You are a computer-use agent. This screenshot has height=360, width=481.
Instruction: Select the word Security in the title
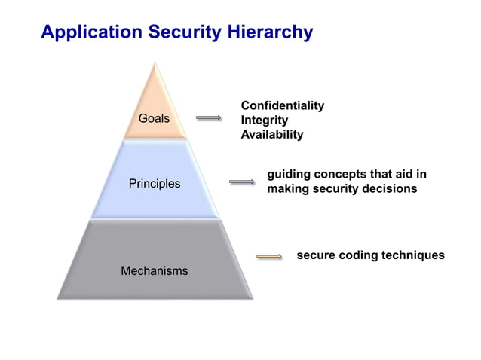[x=183, y=32]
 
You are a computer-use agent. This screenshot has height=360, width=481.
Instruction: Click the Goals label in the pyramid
[x=154, y=118]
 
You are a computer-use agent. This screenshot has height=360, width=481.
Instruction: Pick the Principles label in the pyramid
[x=154, y=183]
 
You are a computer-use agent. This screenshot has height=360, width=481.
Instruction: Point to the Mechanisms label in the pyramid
[x=154, y=270]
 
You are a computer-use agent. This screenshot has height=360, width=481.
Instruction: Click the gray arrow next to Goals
[x=208, y=117]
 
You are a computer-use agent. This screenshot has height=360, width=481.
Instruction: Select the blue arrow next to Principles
[x=242, y=182]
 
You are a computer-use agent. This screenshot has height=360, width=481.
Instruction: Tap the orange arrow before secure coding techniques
[x=269, y=257]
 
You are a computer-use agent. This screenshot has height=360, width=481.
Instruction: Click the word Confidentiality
[x=282, y=105]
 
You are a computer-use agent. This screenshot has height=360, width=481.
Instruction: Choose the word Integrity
[x=264, y=120]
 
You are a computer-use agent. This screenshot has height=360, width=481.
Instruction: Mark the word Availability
[x=271, y=135]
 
